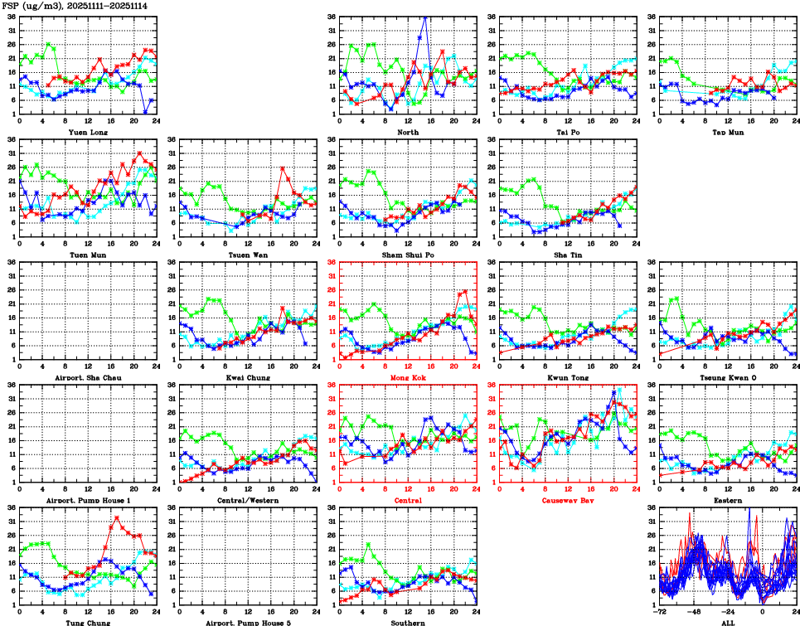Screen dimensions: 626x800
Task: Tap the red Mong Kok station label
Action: coord(408,377)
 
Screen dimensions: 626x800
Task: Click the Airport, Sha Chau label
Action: coord(88,377)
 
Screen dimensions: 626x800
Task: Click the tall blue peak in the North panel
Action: coord(426,16)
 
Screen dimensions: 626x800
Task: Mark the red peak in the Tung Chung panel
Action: coord(116,517)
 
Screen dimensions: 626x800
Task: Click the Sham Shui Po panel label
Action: coord(408,255)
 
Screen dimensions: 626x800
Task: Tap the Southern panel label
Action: coord(408,622)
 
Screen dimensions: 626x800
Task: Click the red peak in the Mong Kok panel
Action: coord(465,291)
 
